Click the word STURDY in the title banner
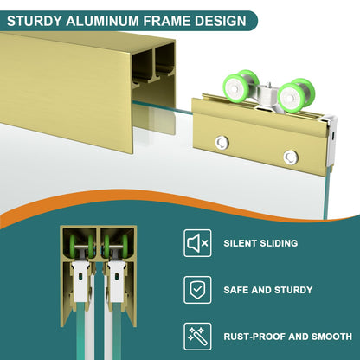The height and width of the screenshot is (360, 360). (34, 21)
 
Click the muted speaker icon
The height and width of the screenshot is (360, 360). (197, 243)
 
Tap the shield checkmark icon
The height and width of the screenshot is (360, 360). (197, 290)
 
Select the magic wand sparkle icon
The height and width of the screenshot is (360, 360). (197, 337)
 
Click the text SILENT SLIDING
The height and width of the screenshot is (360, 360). (260, 243)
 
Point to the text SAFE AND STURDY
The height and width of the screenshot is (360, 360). (268, 290)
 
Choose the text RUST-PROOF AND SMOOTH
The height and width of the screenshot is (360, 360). (288, 337)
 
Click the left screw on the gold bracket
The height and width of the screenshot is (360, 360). (222, 143)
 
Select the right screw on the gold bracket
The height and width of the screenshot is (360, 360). (290, 157)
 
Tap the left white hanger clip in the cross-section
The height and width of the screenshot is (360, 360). (81, 281)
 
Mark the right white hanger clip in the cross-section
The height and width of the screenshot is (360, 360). (117, 281)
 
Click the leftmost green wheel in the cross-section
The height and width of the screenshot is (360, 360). (73, 246)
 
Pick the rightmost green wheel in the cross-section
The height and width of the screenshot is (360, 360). (125, 246)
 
